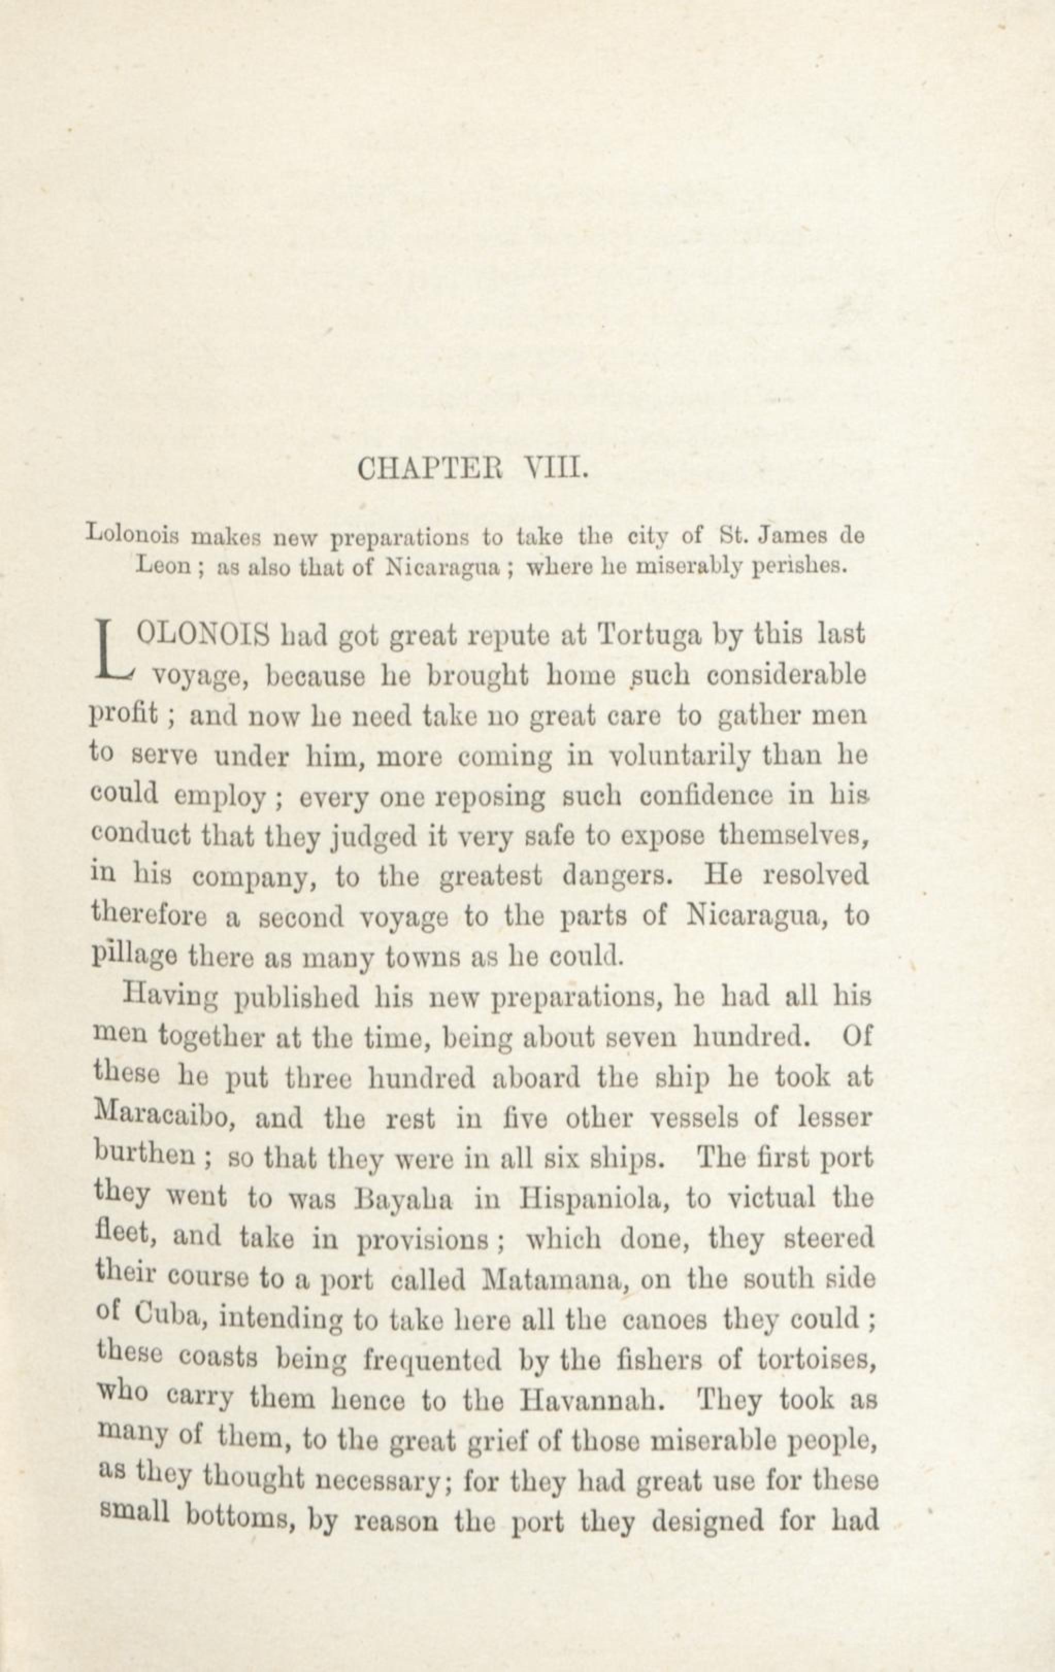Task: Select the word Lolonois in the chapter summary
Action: pyautogui.click(x=132, y=536)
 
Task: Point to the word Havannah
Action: pyautogui.click(x=588, y=1400)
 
